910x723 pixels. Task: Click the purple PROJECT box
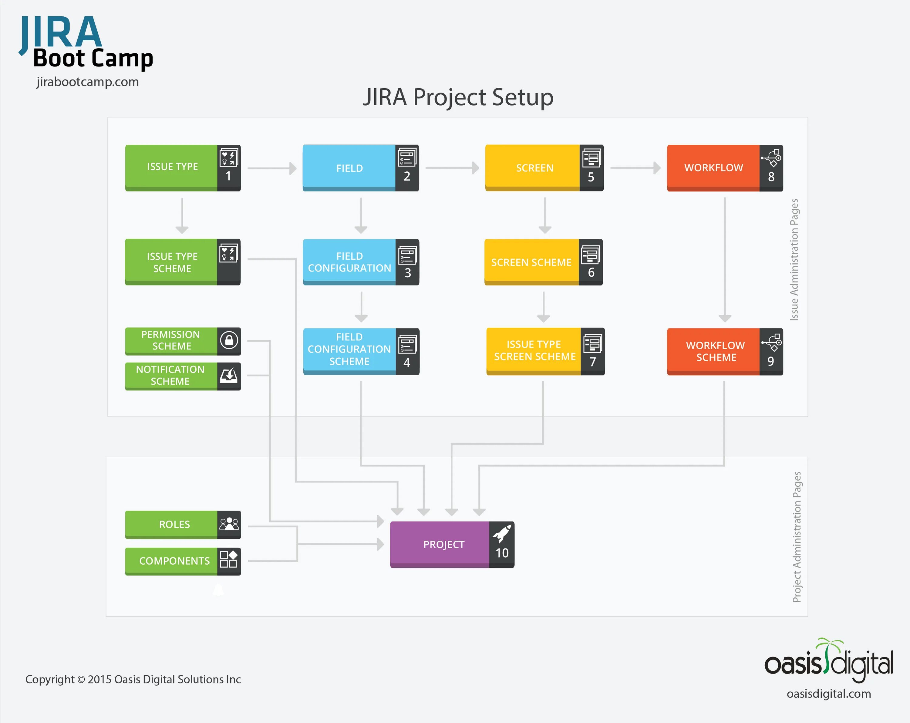point(443,545)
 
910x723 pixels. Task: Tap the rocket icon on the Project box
point(502,533)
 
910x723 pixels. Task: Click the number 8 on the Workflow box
point(771,177)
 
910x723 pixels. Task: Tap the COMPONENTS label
point(174,561)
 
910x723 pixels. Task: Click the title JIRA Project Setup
point(458,97)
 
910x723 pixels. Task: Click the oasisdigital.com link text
point(828,694)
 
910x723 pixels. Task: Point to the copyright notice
point(133,679)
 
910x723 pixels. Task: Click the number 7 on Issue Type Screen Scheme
point(593,362)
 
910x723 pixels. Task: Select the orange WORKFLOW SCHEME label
point(716,351)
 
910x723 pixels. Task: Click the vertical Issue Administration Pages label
point(794,260)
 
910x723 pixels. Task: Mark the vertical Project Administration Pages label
point(797,537)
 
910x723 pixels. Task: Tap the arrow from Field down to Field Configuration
point(361,215)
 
